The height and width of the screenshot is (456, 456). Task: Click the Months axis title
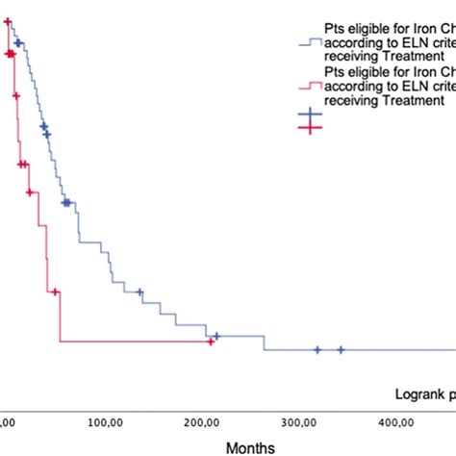pos(250,447)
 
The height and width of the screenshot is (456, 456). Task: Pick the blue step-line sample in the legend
pos(310,42)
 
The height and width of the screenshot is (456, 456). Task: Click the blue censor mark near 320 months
pos(317,349)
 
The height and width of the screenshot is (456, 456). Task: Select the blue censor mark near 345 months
pos(341,349)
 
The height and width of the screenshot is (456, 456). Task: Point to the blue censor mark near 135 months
pos(139,292)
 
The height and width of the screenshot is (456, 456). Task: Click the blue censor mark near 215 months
pos(216,336)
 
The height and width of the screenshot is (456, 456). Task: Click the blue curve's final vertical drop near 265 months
pos(264,342)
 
